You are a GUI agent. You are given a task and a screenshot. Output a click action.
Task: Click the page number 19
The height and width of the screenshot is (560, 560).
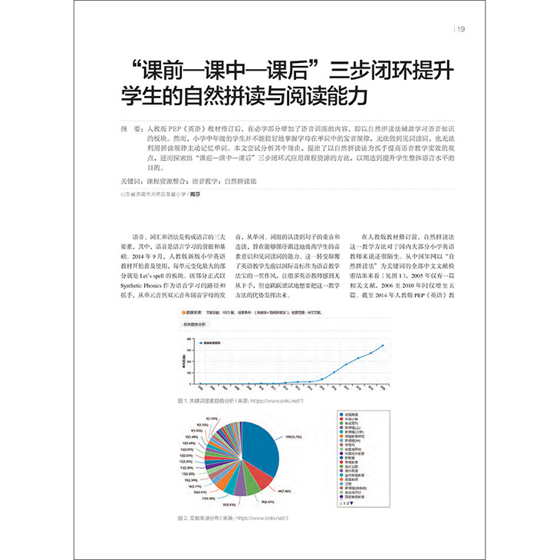[461, 30]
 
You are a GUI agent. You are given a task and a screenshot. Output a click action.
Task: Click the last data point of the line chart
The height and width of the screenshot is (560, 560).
[382, 346]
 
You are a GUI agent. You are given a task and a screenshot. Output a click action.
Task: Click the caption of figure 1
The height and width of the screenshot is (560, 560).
[240, 400]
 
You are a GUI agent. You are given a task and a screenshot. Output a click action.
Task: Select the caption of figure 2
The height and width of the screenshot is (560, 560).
[234, 519]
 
